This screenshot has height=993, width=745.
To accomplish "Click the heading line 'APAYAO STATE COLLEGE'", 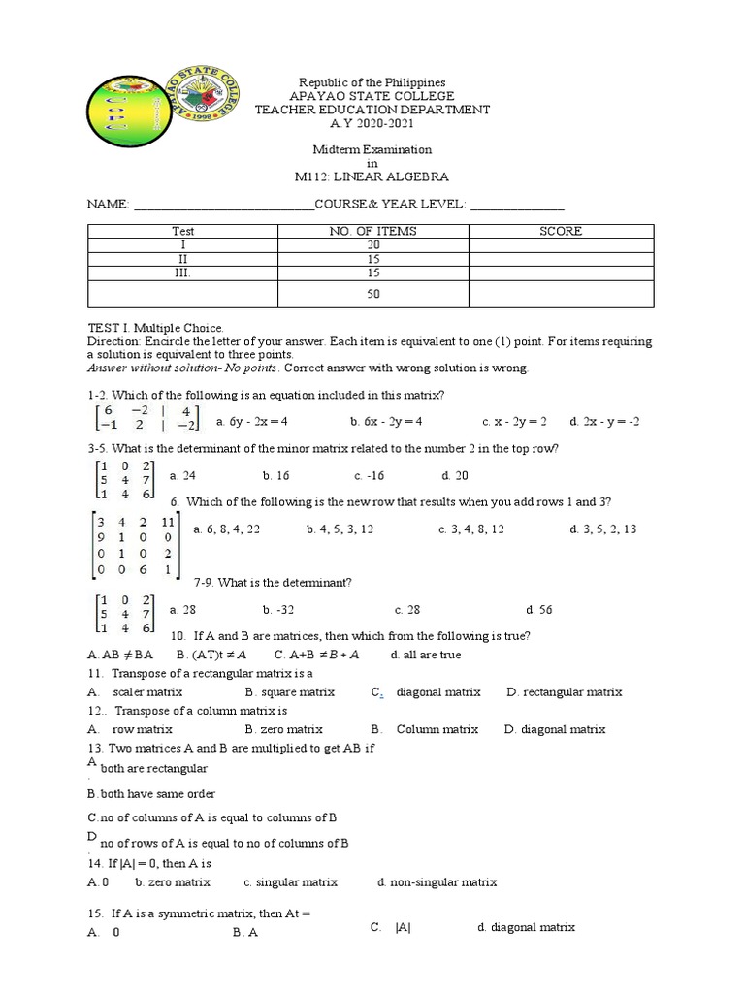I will tap(372, 97).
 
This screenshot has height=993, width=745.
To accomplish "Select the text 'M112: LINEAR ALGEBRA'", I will tap(372, 177).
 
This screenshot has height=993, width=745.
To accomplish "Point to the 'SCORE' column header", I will tap(561, 232).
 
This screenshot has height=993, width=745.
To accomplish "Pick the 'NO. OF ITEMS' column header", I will tap(372, 232).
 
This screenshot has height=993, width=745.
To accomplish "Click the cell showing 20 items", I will tap(372, 246).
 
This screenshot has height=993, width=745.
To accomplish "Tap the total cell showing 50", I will tap(372, 294).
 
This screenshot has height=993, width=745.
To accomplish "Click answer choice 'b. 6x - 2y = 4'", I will tap(386, 422).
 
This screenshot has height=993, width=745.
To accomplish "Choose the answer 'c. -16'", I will tap(371, 476).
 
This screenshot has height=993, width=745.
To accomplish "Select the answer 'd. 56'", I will tap(538, 610).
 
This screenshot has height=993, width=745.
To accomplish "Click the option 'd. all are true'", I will tap(426, 655).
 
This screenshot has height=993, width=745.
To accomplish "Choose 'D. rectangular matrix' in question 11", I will tap(565, 692).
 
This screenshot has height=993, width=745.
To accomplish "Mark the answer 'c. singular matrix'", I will tap(290, 882).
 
